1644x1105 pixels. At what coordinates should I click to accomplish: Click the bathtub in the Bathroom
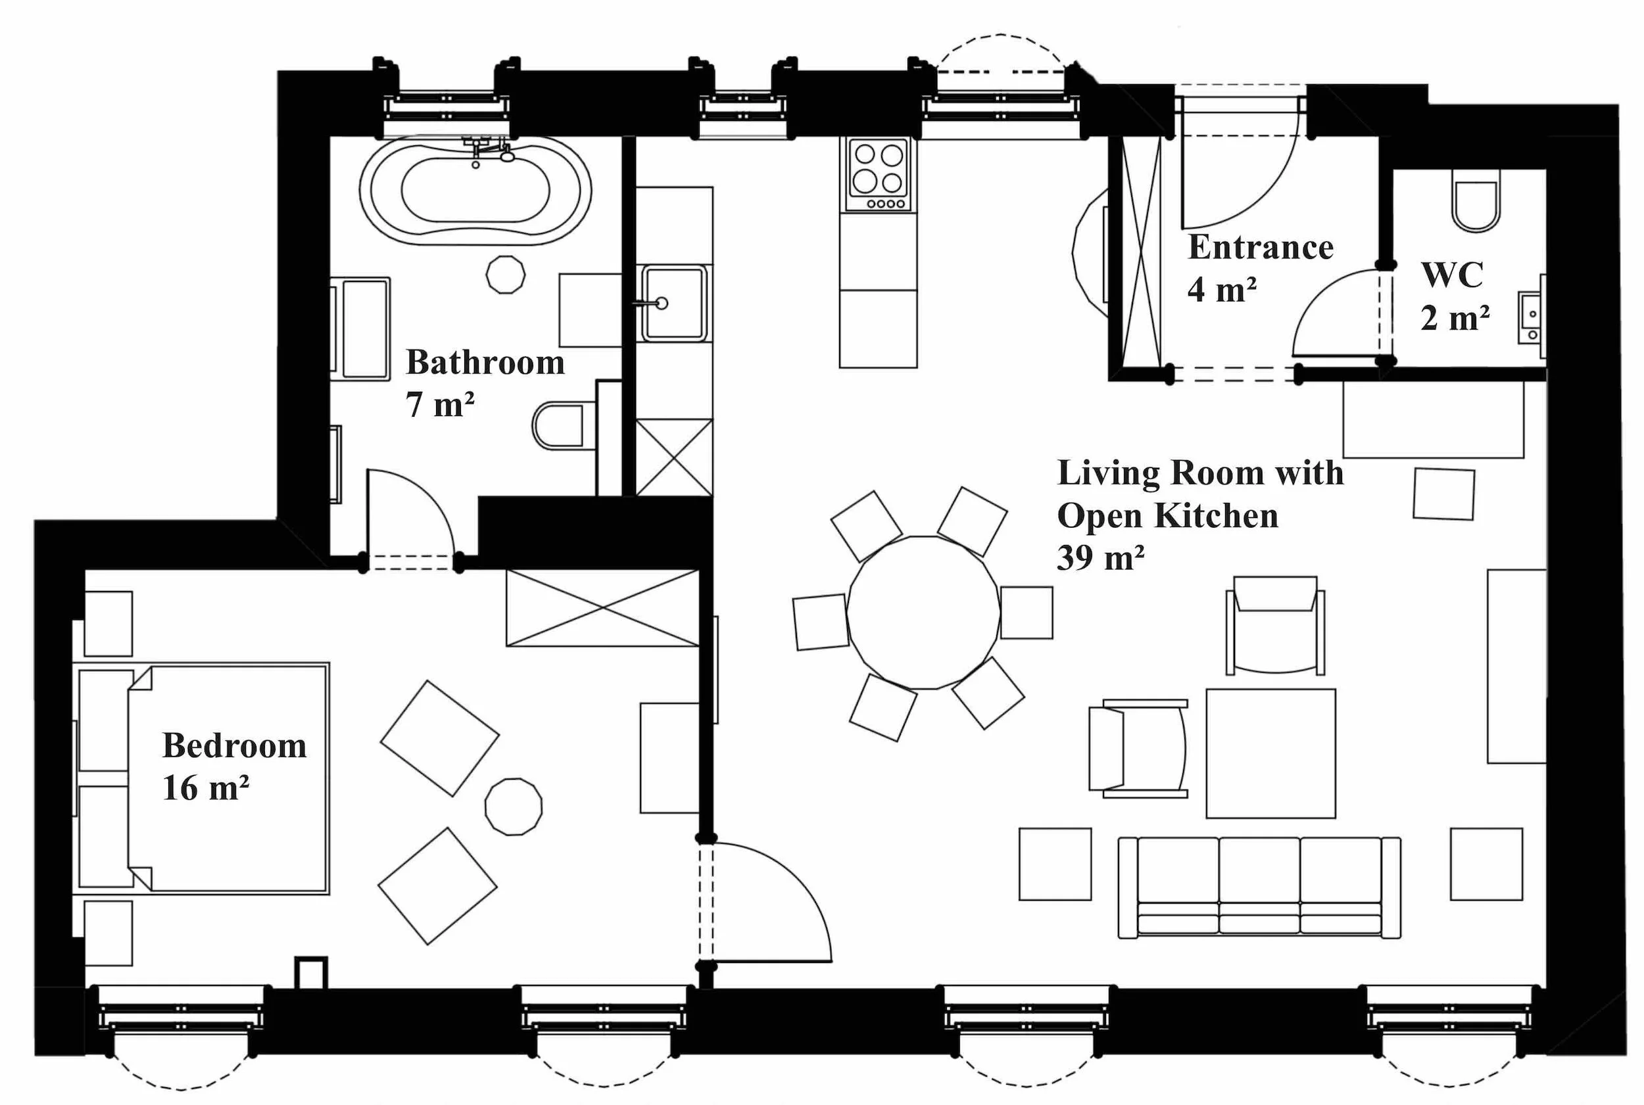click(x=475, y=190)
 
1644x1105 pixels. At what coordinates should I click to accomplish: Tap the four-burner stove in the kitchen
click(x=878, y=174)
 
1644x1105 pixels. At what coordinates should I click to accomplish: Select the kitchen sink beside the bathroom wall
click(x=673, y=303)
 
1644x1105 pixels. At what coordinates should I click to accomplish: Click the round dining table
click(x=923, y=613)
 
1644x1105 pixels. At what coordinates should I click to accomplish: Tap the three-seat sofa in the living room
click(x=1259, y=887)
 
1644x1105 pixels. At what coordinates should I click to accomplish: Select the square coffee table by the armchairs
click(x=1270, y=753)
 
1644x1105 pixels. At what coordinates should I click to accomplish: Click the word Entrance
click(x=1261, y=247)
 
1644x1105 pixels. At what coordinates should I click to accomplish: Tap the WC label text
click(x=1452, y=275)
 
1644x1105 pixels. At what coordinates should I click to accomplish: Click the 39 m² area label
click(x=1100, y=558)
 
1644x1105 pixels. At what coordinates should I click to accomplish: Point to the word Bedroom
click(x=234, y=745)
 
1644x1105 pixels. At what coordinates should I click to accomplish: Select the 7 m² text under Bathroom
click(x=439, y=404)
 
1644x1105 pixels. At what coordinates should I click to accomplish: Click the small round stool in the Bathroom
click(x=506, y=274)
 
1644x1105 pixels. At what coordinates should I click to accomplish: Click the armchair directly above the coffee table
click(x=1274, y=625)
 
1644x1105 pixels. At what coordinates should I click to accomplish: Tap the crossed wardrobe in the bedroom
click(x=603, y=608)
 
